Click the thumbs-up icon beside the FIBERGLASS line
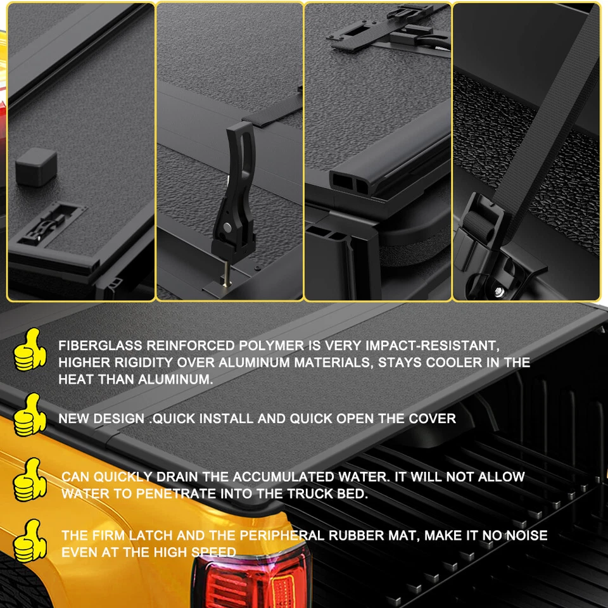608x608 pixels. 29,350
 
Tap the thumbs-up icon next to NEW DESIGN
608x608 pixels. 29,415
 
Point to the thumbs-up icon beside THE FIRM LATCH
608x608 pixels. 29,540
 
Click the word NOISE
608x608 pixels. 525,536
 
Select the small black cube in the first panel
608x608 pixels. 36,167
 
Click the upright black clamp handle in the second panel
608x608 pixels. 235,184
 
